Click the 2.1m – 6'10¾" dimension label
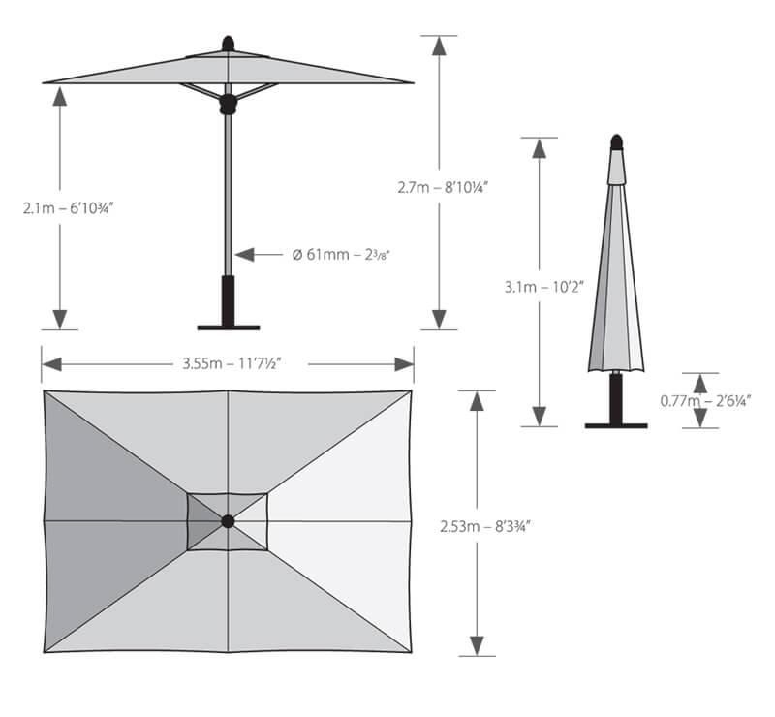click(x=69, y=207)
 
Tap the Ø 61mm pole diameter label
click(x=341, y=255)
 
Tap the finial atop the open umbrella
click(x=229, y=44)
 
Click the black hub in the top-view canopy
click(x=228, y=521)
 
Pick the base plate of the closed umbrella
click(x=616, y=423)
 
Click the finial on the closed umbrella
click(x=616, y=141)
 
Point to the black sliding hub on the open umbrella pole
click(x=229, y=102)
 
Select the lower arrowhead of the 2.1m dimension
click(x=60, y=319)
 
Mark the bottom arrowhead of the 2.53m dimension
click(x=477, y=645)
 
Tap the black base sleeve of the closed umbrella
click(x=616, y=397)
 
